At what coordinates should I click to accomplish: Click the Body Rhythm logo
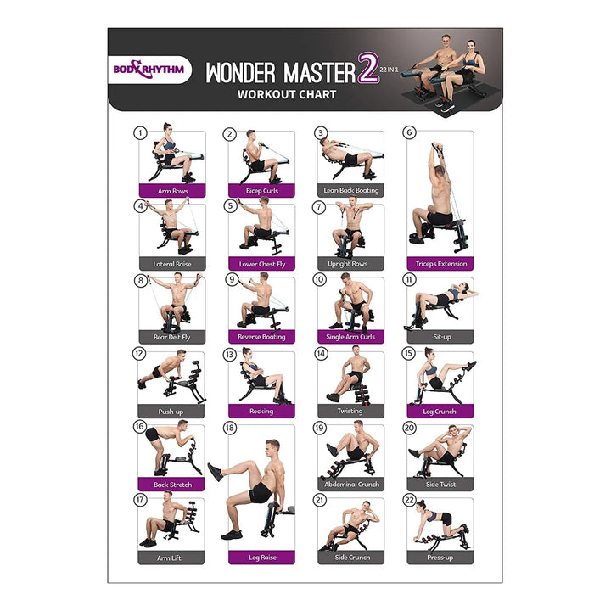pos(149,70)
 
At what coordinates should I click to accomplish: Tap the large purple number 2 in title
pos(368,69)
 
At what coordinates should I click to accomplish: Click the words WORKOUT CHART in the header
pos(287,95)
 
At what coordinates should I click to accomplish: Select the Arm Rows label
pos(172,191)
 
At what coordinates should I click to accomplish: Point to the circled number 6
pos(409,132)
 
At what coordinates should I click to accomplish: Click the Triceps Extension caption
pos(440,264)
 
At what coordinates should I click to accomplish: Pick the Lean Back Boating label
pos(351,191)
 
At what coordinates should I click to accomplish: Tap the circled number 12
pos(139,353)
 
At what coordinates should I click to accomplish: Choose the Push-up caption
pos(171,412)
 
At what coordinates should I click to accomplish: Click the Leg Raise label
pos(262,558)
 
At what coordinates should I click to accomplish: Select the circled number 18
pos(230,428)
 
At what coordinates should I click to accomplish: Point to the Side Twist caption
pos(440,485)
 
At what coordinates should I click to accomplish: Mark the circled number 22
pos(409,500)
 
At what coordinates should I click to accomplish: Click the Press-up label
pos(440,558)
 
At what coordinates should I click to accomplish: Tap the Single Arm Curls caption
pos(350,337)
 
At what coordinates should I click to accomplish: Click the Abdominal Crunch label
pos(351,485)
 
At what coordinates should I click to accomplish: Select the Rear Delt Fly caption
pos(171,337)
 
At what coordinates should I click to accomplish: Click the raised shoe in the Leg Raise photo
pos(215,472)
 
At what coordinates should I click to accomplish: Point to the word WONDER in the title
pos(240,73)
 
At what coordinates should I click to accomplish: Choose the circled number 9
pos(232,279)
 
